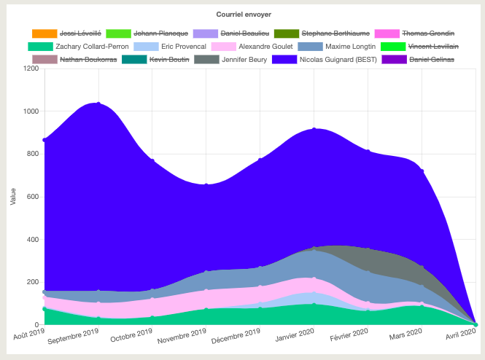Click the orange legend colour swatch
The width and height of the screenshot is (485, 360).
click(44, 34)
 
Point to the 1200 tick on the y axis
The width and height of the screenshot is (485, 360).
click(31, 69)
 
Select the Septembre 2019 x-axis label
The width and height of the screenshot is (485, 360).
click(74, 337)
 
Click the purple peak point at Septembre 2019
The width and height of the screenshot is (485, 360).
click(98, 103)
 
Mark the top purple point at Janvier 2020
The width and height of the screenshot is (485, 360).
click(314, 130)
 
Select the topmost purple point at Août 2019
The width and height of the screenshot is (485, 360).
click(44, 140)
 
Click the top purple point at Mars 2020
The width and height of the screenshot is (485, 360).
click(422, 171)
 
